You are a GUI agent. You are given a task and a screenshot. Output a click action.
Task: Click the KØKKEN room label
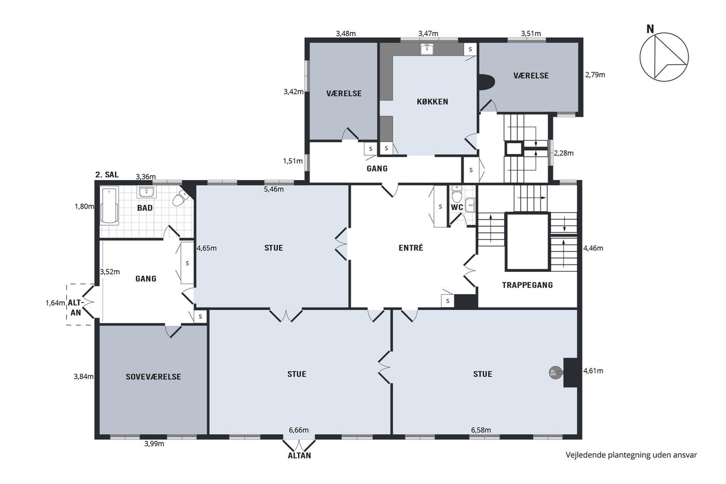point(432,102)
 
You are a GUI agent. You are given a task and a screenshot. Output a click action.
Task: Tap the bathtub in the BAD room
point(109,205)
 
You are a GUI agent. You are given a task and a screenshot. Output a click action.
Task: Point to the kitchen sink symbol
point(428,49)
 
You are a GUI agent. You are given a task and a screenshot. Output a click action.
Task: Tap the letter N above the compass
point(650,29)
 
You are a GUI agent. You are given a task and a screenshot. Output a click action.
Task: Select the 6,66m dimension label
point(299,430)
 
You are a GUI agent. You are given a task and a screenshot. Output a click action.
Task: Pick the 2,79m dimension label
point(595,75)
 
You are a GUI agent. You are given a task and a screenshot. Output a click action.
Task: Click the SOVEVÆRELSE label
point(153,377)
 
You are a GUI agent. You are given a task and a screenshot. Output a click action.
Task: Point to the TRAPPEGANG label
point(527,285)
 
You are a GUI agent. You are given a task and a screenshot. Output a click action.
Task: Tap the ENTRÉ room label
point(411,247)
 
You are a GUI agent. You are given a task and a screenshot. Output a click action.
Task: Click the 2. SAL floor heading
point(107,175)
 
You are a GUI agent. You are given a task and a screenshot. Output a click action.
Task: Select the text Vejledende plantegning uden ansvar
point(631,455)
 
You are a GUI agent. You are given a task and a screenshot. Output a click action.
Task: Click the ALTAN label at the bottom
point(300,455)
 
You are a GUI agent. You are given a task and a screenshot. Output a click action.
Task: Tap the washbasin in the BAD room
point(147,192)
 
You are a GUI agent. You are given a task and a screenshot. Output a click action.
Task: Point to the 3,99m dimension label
point(155,444)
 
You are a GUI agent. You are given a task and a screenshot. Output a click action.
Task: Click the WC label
point(457,208)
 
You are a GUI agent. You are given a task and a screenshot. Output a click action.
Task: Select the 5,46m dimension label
point(274,189)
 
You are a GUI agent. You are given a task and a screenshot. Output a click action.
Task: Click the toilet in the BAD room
point(181,198)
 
